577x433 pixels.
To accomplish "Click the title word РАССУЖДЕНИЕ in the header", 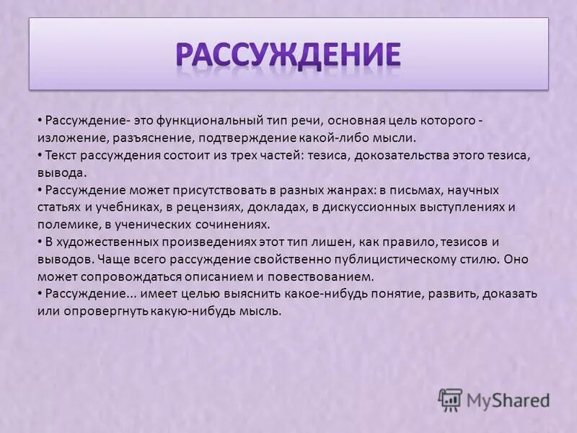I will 288,55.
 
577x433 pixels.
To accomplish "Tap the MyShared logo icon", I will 450,399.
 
